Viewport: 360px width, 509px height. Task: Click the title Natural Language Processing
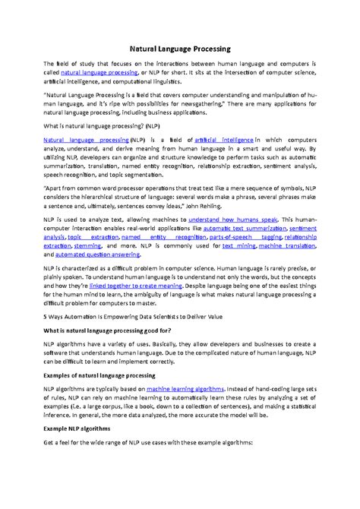(x=180, y=46)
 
